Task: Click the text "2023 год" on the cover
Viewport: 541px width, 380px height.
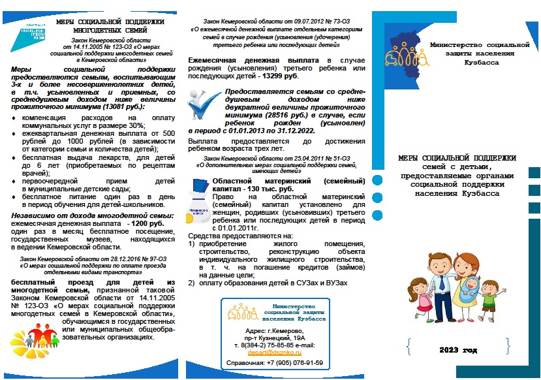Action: click(458, 349)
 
